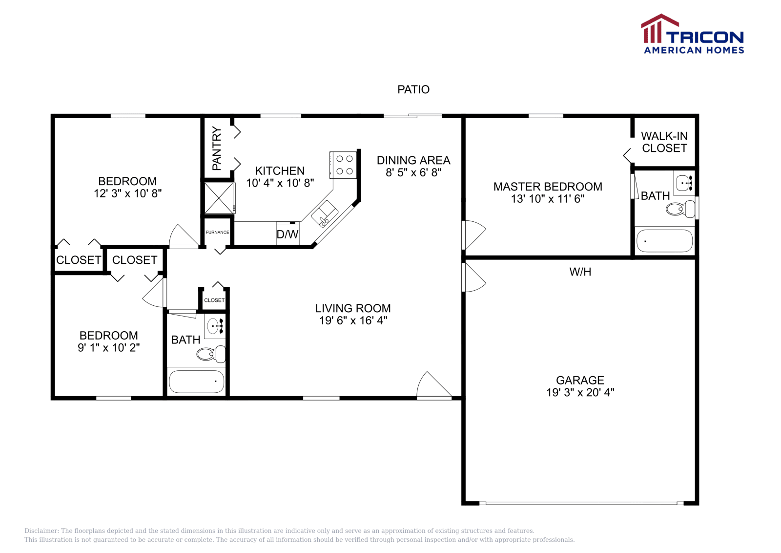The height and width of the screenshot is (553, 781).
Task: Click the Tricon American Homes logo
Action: tap(693, 34)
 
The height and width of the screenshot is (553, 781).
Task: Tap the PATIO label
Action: tap(413, 90)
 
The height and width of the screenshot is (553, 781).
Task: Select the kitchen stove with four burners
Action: tap(344, 165)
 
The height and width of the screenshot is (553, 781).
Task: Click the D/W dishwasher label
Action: tap(288, 234)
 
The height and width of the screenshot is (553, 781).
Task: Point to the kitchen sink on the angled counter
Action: tap(325, 213)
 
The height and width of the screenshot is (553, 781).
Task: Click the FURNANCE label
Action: tap(217, 233)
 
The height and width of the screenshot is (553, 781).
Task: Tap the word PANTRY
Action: tap(217, 149)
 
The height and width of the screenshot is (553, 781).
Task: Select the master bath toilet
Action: tap(680, 209)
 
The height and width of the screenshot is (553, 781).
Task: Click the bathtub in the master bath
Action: tap(664, 241)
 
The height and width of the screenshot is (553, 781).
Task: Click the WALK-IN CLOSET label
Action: tap(664, 142)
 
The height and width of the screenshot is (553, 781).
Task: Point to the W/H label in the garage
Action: tap(580, 272)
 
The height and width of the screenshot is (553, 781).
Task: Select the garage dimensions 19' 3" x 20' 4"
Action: tap(580, 392)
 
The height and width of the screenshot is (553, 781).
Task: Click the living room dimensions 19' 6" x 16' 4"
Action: tap(353, 320)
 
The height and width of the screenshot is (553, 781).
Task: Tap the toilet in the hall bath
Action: tap(211, 354)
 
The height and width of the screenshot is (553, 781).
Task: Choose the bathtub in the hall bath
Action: tap(197, 382)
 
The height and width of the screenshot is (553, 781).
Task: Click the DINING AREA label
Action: tap(413, 161)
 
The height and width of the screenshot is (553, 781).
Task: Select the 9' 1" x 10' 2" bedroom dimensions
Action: tap(109, 347)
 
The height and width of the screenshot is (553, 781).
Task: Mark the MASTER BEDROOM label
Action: tap(548, 187)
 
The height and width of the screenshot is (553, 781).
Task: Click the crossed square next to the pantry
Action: tap(219, 198)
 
